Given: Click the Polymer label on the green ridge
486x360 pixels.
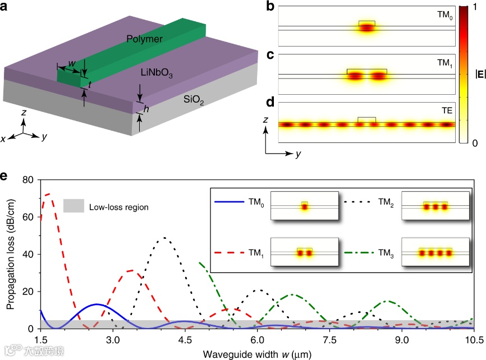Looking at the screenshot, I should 144,39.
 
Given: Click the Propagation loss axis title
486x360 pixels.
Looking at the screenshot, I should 11,253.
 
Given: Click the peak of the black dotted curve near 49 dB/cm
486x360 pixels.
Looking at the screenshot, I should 165,238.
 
